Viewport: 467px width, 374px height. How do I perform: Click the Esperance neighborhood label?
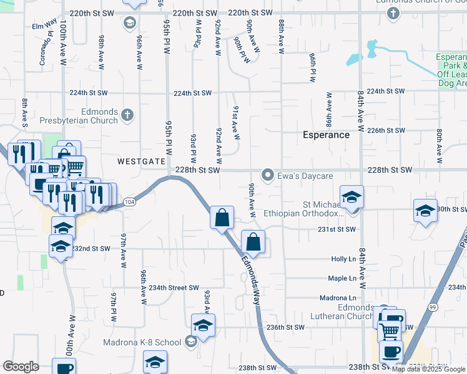pyautogui.click(x=326, y=135)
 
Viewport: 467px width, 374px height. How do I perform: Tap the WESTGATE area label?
pyautogui.click(x=142, y=161)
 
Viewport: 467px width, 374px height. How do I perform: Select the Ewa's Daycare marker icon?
pyautogui.click(x=268, y=175)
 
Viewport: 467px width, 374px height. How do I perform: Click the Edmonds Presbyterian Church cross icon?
pyautogui.click(x=127, y=115)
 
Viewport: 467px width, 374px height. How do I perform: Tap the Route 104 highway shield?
pyautogui.click(x=129, y=202)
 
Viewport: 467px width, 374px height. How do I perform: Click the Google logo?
pyautogui.click(x=21, y=367)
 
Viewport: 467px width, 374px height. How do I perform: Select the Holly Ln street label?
pyautogui.click(x=343, y=259)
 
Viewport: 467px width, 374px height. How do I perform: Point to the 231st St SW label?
pyautogui.click(x=337, y=229)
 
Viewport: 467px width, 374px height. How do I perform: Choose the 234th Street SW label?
pyautogui.click(x=173, y=287)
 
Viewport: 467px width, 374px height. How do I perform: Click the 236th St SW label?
pyautogui.click(x=285, y=327)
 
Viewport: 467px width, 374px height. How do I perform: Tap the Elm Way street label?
pyautogui.click(x=45, y=27)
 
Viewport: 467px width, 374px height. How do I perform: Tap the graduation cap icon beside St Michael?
pyautogui.click(x=351, y=198)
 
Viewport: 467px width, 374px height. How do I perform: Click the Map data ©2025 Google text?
pyautogui.click(x=428, y=369)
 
